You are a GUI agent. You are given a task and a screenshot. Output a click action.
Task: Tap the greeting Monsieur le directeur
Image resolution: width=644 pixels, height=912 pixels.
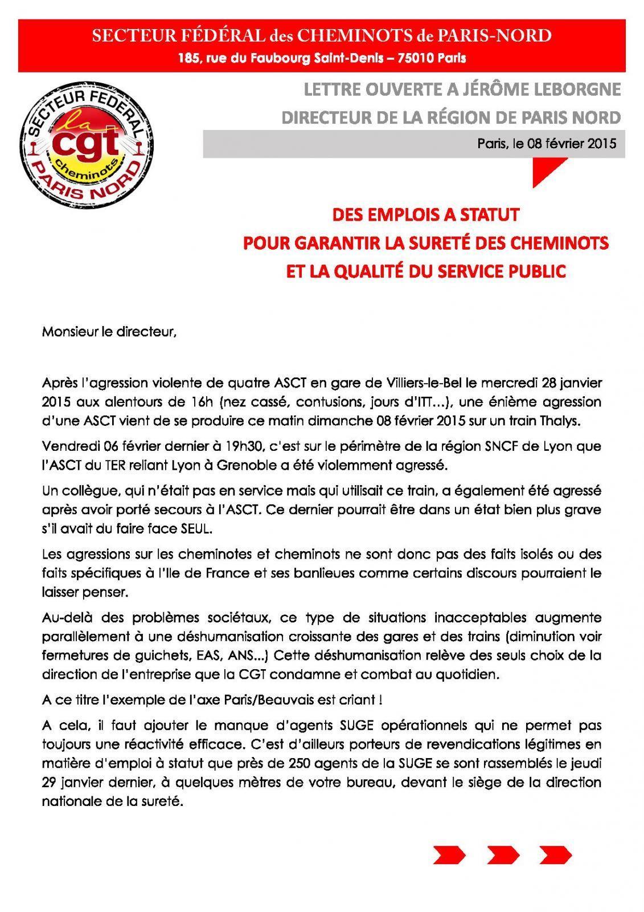point(109,332)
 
